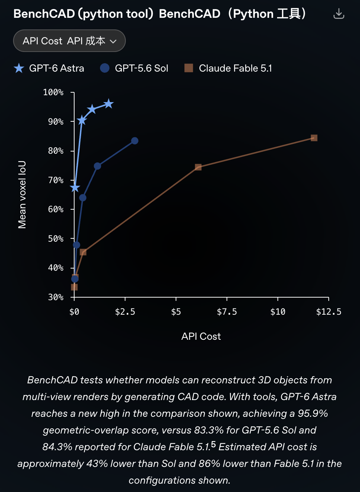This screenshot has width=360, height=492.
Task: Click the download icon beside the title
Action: pyautogui.click(x=339, y=14)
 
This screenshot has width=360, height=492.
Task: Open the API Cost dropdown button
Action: pyautogui.click(x=69, y=41)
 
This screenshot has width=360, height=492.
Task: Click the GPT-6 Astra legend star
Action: pyautogui.click(x=19, y=68)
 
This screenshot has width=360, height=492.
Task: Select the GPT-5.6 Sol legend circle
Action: pyautogui.click(x=105, y=68)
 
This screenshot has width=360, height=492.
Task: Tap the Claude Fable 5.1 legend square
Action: pyautogui.click(x=189, y=68)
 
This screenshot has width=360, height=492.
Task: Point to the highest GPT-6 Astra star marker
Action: pyautogui.click(x=109, y=104)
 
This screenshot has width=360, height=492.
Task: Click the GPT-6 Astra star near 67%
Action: pyautogui.click(x=75, y=188)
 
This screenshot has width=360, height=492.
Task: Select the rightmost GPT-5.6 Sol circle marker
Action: pyautogui.click(x=135, y=141)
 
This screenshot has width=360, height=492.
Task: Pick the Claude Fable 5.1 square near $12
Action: pyautogui.click(x=314, y=138)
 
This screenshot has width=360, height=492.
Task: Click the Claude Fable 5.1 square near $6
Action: pyautogui.click(x=198, y=167)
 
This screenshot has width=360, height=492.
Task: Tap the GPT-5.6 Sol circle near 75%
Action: pyautogui.click(x=97, y=166)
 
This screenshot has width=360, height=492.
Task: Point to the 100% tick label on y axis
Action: pyautogui.click(x=53, y=92)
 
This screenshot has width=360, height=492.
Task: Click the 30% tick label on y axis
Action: pyautogui.click(x=56, y=297)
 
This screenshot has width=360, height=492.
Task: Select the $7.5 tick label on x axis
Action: pyautogui.click(x=227, y=312)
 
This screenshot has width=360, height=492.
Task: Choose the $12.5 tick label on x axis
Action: pyautogui.click(x=329, y=312)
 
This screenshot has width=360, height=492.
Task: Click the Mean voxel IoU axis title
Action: pyautogui.click(x=22, y=195)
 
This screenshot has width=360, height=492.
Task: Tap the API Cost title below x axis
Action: pyautogui.click(x=201, y=336)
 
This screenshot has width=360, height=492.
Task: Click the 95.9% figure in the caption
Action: pyautogui.click(x=313, y=414)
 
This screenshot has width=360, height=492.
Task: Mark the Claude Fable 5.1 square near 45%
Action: pyautogui.click(x=83, y=252)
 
